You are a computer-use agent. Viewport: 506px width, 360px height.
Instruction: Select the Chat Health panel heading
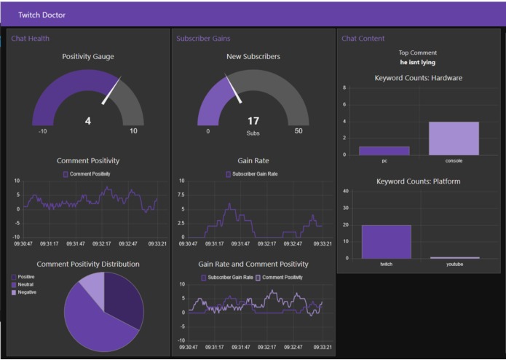(x=31, y=38)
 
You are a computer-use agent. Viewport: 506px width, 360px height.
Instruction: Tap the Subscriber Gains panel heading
(x=203, y=38)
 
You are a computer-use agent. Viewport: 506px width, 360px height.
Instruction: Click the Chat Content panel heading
(x=363, y=38)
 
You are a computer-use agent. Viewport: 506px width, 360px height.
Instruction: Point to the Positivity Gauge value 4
(x=88, y=121)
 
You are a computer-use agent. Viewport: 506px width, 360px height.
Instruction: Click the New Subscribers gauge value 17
(x=253, y=121)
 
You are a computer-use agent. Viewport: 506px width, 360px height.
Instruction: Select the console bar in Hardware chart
(x=454, y=138)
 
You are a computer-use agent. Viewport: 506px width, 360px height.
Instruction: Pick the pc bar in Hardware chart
(x=384, y=151)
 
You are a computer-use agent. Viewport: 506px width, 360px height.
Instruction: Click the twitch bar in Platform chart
(x=386, y=241)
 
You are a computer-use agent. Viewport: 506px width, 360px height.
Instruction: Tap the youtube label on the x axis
(x=454, y=264)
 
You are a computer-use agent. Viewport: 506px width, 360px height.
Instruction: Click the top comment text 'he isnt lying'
(x=418, y=63)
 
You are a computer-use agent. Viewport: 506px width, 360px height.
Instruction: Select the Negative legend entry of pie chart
(x=27, y=292)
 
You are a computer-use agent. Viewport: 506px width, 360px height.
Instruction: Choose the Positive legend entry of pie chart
(x=26, y=277)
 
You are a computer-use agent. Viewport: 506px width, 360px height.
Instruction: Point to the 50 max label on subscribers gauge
(x=299, y=131)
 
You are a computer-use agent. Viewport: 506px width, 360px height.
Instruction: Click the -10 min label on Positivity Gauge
(x=43, y=131)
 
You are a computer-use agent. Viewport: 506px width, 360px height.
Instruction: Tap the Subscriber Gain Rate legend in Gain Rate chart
(x=251, y=174)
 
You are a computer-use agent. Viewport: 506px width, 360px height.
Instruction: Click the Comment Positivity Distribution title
(x=88, y=264)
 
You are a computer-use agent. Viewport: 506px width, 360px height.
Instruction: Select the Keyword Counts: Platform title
(x=418, y=181)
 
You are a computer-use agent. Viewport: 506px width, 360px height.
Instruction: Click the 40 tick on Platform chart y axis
(x=345, y=191)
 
